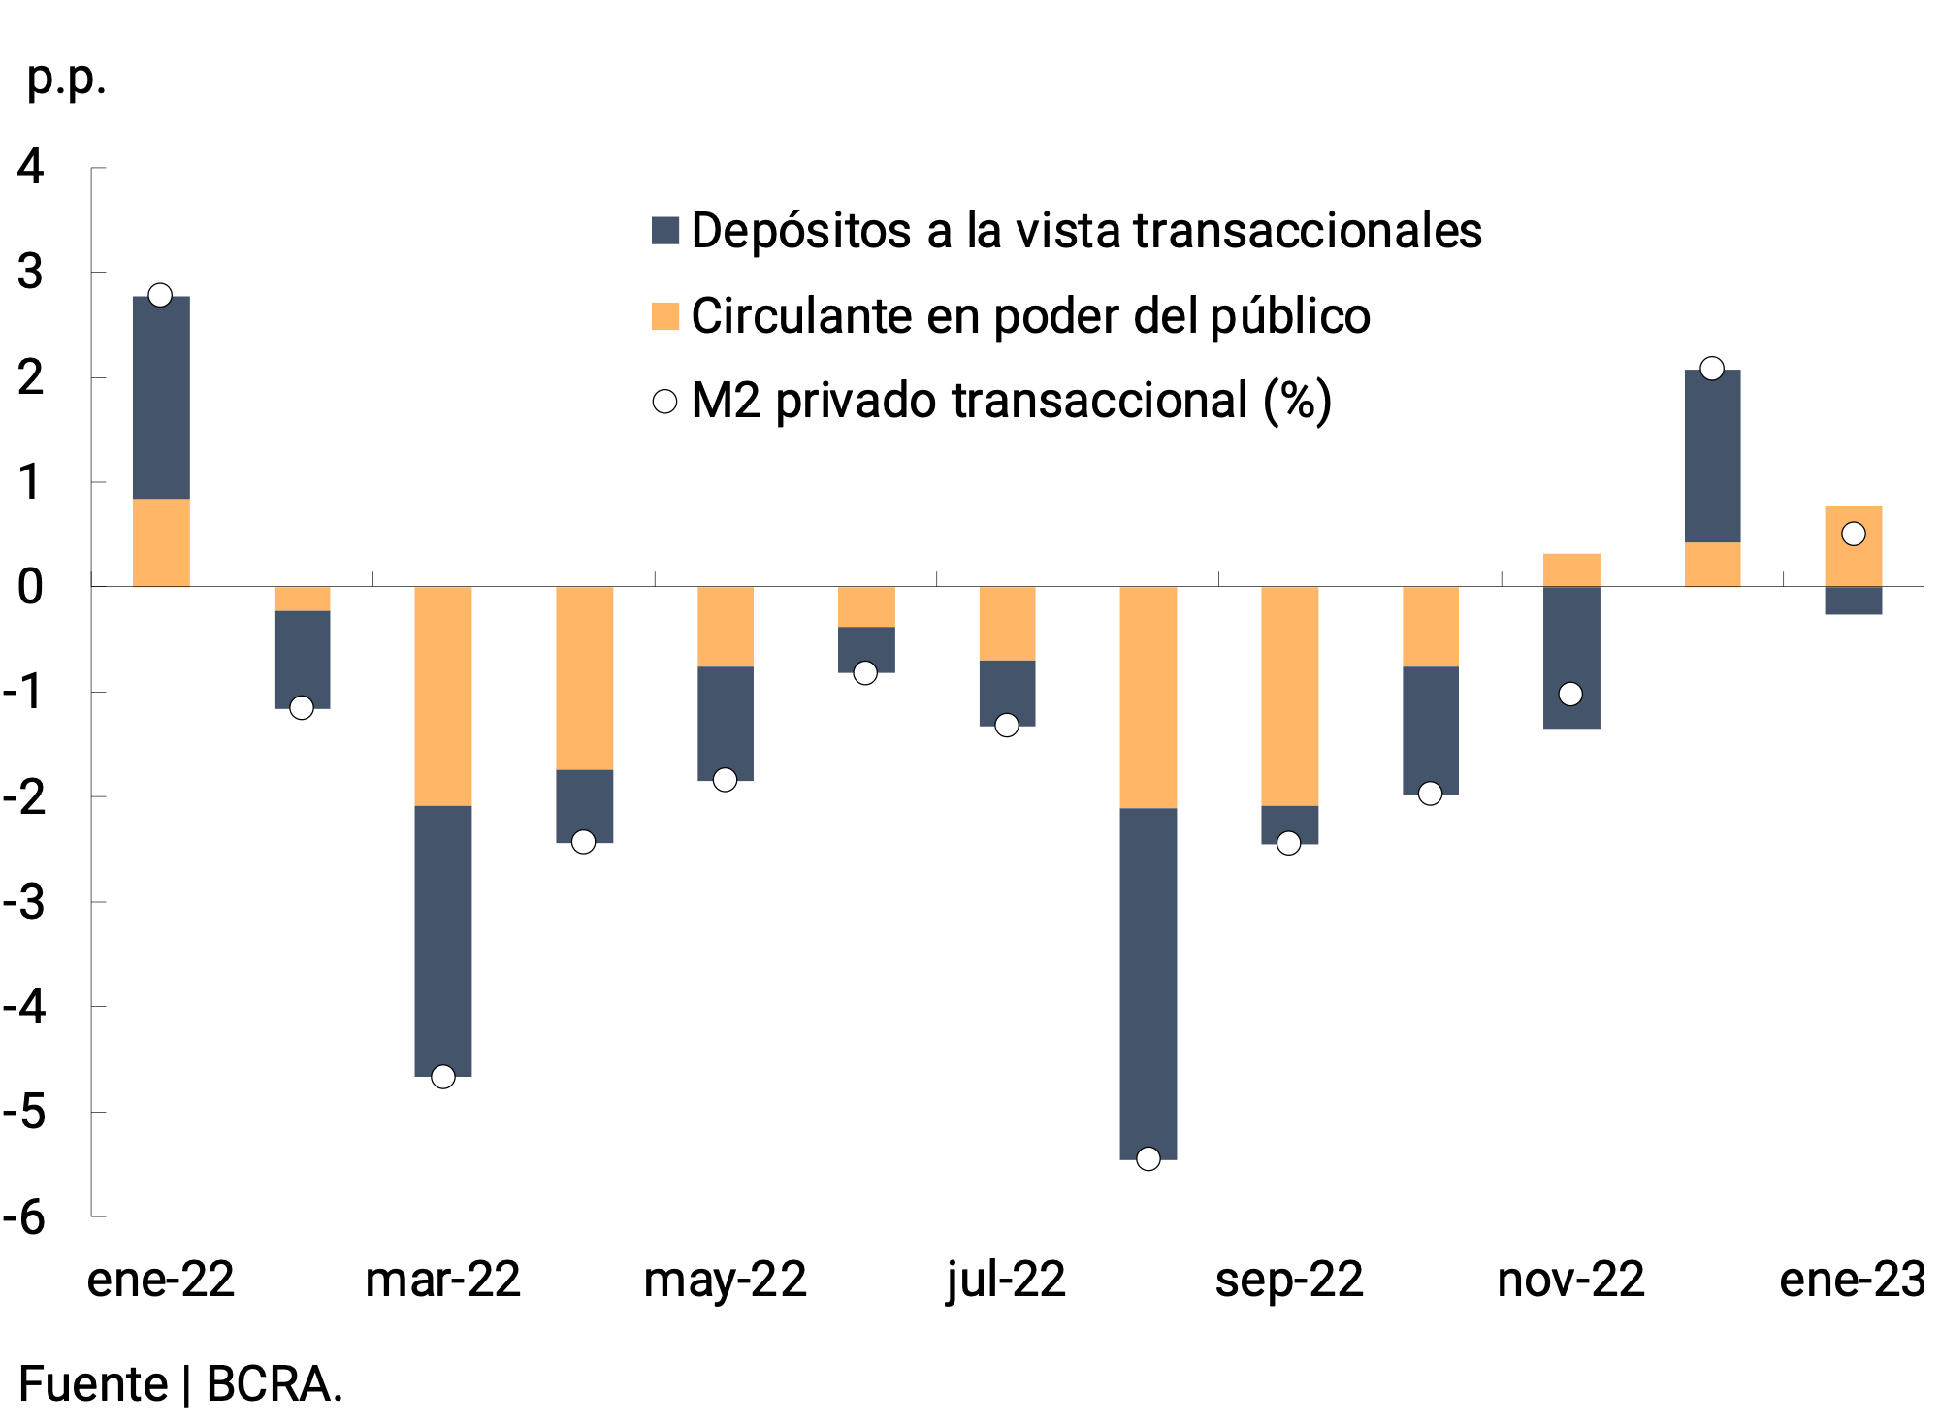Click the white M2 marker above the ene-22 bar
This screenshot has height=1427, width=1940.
[160, 295]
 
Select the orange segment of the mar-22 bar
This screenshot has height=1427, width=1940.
[443, 696]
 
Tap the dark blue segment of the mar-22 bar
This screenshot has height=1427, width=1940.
[443, 940]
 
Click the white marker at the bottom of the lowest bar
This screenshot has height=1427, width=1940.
[1148, 1158]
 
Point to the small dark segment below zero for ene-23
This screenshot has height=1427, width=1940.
[1853, 600]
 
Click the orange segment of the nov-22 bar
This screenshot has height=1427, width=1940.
[1570, 569]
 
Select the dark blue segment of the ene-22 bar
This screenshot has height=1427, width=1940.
[161, 397]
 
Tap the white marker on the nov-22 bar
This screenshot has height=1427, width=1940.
[1570, 694]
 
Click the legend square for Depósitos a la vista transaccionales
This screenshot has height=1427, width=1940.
[665, 231]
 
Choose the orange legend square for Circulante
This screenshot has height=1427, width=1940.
[665, 316]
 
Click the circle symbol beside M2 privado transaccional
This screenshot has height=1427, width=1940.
[664, 402]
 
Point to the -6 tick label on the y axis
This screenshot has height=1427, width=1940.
[26, 1216]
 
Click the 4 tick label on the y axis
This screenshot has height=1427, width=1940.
[31, 167]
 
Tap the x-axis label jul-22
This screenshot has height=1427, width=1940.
[1006, 1280]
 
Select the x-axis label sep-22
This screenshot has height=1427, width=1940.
[1288, 1280]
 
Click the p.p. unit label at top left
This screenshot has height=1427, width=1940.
[65, 80]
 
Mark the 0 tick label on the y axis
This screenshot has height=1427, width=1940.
[31, 587]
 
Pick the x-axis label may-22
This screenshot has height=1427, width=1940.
[725, 1280]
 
